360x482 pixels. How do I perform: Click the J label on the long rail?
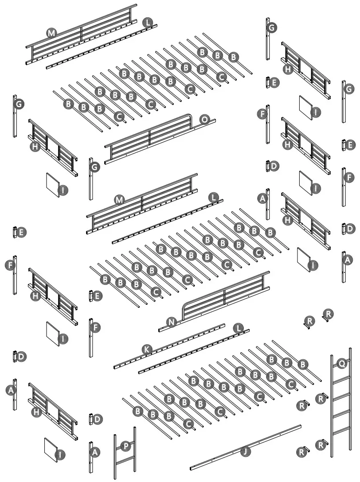click(x=244, y=452)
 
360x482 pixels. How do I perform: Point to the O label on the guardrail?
click(x=204, y=120)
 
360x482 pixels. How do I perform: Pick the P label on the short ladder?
click(x=126, y=447)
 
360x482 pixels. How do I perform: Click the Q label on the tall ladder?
click(x=341, y=364)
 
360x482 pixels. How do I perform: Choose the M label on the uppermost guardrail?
click(x=51, y=32)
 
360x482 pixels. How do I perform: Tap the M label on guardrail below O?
click(x=118, y=200)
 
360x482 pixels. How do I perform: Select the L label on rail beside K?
click(x=238, y=328)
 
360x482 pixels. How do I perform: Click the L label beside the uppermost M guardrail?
click(x=147, y=22)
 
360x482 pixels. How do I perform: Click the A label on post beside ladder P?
click(x=94, y=452)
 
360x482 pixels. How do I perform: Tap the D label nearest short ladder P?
click(x=97, y=418)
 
